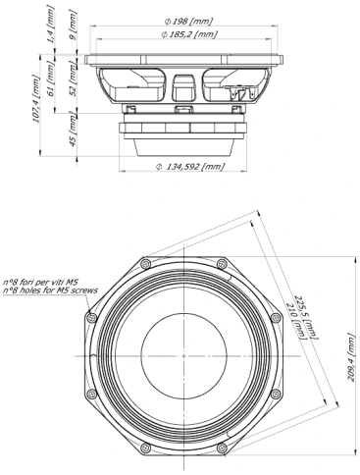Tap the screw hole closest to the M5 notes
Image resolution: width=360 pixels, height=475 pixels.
click(90, 317)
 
